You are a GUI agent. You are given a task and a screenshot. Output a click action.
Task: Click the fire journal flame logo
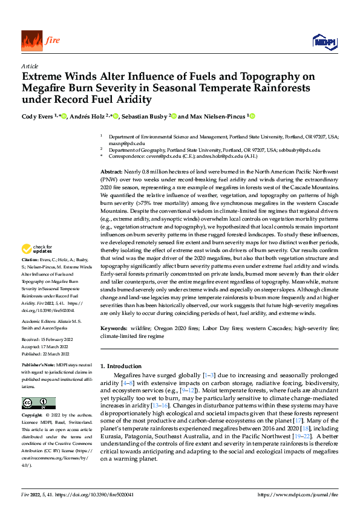pos(31,41)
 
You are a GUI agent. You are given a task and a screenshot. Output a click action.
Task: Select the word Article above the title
pos(29,66)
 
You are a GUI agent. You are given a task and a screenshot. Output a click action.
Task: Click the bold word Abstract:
pos(112,173)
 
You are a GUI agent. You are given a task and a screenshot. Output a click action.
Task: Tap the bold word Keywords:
pos(114,328)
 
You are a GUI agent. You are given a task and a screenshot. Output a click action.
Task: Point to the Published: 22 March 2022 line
pos(51,353)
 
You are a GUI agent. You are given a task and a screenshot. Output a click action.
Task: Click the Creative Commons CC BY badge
pos(38,403)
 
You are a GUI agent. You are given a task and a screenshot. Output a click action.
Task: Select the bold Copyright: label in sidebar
pos(33,415)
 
